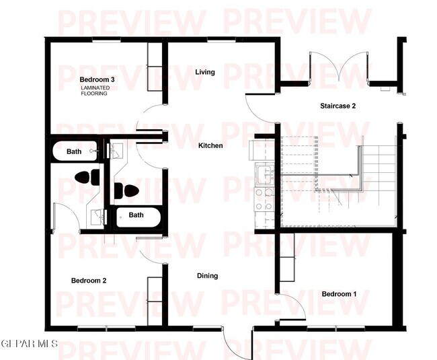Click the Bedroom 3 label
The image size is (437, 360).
97,79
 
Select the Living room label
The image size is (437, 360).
205,72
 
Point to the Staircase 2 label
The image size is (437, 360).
337,106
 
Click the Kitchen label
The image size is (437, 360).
210,145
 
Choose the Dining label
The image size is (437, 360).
207,276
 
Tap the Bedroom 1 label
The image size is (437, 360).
339,294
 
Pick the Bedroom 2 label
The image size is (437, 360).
89,281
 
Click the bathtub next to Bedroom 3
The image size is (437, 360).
75,151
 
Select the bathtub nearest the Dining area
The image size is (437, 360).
137,215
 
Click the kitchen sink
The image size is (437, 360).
264,174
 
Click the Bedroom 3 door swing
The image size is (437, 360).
149,120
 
